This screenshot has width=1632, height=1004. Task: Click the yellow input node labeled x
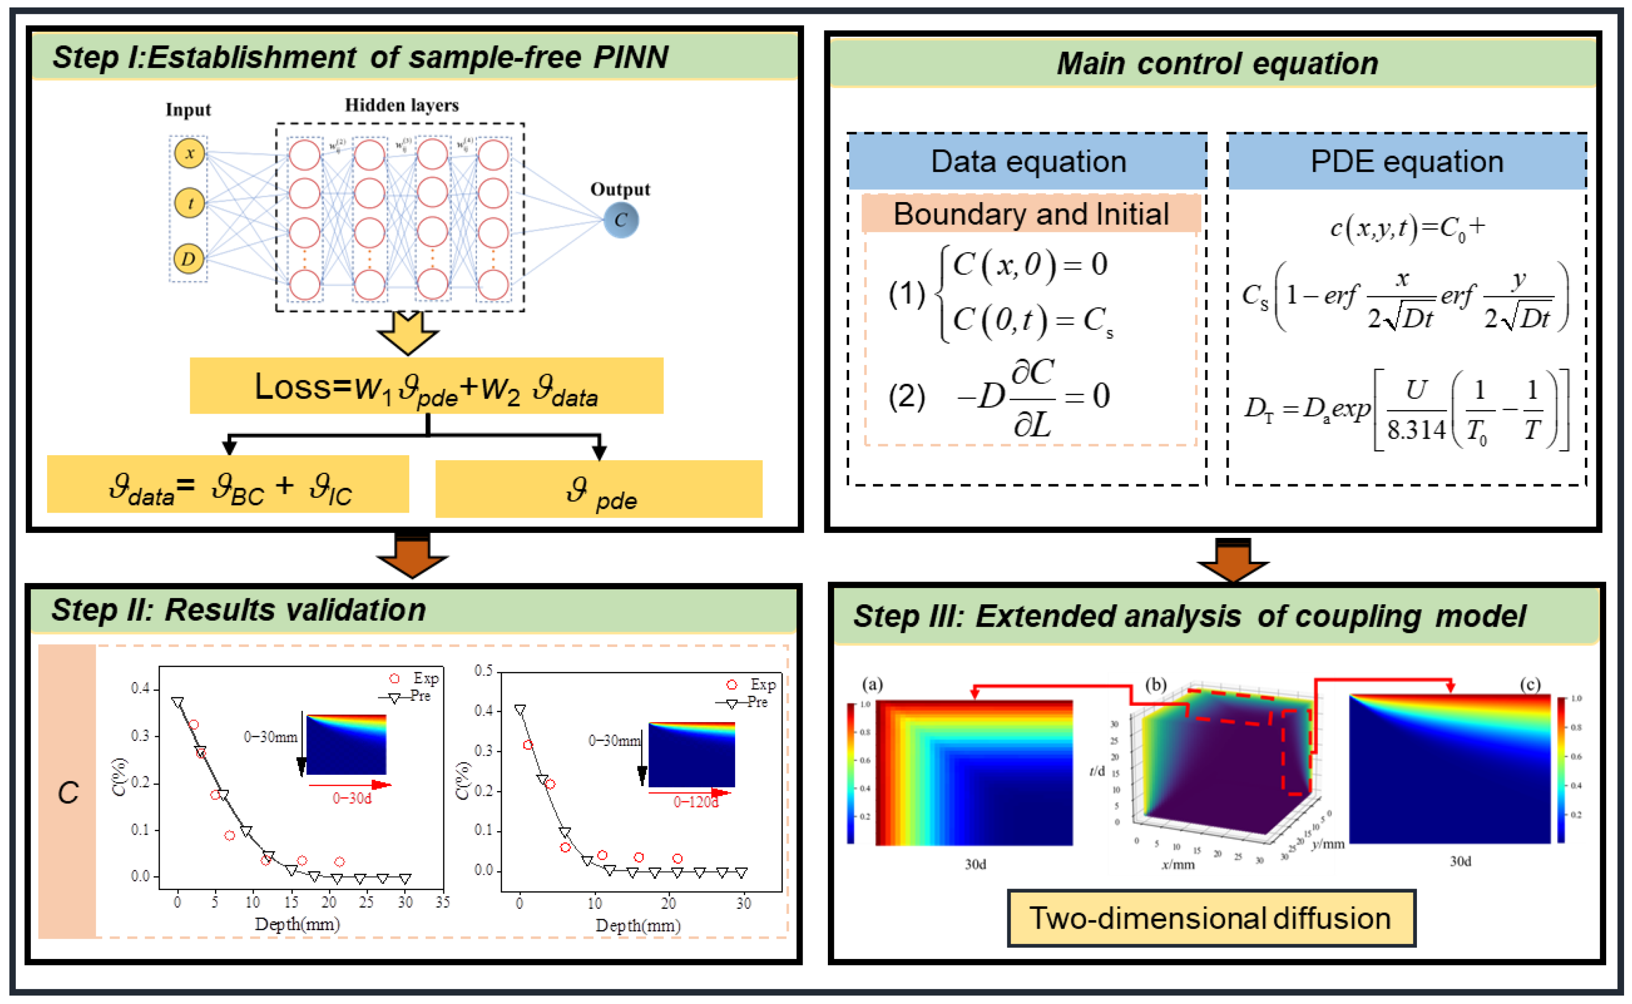tap(189, 154)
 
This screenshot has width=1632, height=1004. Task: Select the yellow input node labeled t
tap(189, 203)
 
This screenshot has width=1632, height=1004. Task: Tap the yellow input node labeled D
tap(189, 258)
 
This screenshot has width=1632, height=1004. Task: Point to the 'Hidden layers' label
tap(401, 105)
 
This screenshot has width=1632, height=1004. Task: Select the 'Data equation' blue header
tap(1028, 161)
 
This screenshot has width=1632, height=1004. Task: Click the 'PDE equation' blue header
tap(1406, 161)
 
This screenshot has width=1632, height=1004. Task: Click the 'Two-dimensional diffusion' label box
tap(1210, 918)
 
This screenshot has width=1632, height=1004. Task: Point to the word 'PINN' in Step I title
tap(630, 57)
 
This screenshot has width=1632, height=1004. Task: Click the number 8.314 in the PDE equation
tap(1415, 430)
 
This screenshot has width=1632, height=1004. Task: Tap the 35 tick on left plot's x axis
tap(442, 902)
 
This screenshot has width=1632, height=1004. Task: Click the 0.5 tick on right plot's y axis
tap(483, 671)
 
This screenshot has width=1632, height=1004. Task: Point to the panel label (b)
tap(1156, 685)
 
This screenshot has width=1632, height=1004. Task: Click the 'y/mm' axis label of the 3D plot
tap(1328, 844)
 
